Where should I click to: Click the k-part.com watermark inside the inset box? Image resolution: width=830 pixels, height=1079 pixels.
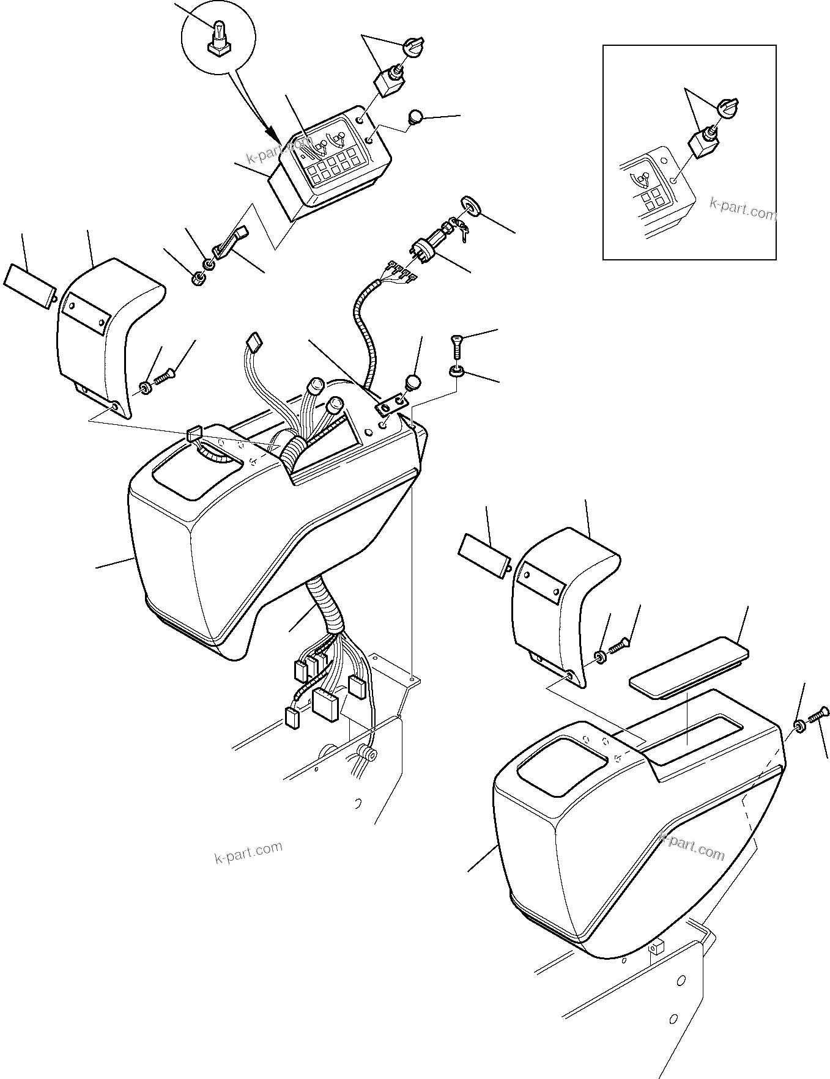[x=743, y=210]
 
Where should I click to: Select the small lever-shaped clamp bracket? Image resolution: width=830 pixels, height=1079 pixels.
[x=229, y=241]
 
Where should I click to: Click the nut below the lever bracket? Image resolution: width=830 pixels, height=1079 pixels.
[x=199, y=280]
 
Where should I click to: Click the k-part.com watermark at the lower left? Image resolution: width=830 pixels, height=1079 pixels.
[x=248, y=852]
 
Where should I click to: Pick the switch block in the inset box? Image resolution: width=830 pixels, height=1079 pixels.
[x=703, y=142]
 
